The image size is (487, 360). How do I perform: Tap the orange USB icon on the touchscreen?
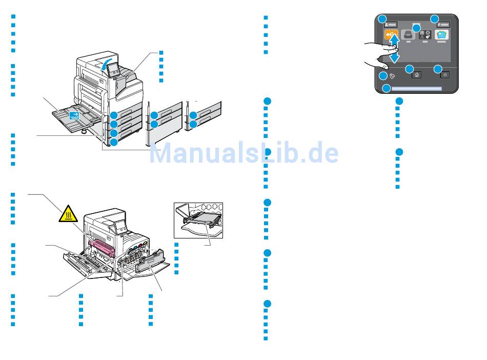click(x=391, y=35)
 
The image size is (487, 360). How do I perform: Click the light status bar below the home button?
click(x=416, y=89)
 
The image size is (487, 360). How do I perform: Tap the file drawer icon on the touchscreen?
click(x=408, y=34)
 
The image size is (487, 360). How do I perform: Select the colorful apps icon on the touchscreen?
click(x=441, y=35)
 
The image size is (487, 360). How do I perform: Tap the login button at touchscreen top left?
click(x=391, y=24)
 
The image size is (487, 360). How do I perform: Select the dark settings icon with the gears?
click(x=425, y=35)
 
